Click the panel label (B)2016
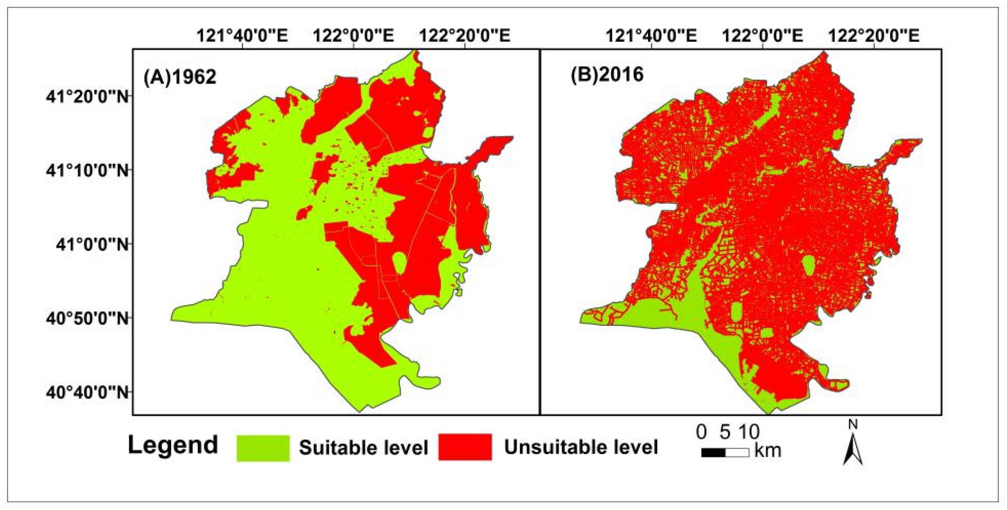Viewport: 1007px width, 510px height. click(x=607, y=74)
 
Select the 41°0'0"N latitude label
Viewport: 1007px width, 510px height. click(x=93, y=245)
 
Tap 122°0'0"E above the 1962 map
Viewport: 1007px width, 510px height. click(x=353, y=35)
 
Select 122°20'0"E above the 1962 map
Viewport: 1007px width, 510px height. click(x=465, y=35)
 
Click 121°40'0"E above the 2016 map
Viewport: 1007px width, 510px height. click(x=651, y=35)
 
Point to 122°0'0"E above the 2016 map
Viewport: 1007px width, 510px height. click(x=762, y=35)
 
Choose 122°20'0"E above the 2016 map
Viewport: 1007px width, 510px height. click(x=874, y=35)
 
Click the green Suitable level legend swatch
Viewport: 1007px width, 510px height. click(x=263, y=448)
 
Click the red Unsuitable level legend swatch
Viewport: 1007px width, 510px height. click(x=465, y=447)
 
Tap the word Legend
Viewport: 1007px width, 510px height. click(x=173, y=445)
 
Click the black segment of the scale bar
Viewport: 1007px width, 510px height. click(x=713, y=453)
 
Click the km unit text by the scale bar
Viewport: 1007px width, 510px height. click(x=767, y=451)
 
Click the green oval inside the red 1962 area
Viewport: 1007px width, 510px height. click(x=398, y=263)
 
